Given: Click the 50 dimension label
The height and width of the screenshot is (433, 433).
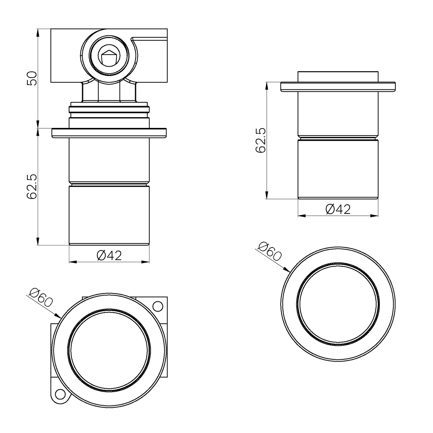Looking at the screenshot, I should click(x=32, y=79).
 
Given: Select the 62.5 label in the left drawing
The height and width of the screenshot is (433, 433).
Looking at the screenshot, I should click(x=32, y=186).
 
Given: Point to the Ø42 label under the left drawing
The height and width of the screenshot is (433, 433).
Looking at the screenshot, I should click(x=109, y=256).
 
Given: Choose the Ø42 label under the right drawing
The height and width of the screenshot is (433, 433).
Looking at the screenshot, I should click(x=338, y=209).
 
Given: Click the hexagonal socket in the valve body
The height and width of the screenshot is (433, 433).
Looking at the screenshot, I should click(x=109, y=57).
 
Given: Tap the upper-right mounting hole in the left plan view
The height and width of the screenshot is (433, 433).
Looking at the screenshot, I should click(x=157, y=306).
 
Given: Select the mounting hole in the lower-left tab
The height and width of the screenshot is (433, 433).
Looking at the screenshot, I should click(x=60, y=394).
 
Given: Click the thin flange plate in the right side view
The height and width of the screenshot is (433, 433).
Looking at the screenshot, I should click(x=338, y=87).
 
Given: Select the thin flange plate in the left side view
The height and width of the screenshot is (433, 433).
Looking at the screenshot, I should click(x=109, y=133).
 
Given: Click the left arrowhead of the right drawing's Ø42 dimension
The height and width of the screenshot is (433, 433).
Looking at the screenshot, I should click(x=301, y=215).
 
